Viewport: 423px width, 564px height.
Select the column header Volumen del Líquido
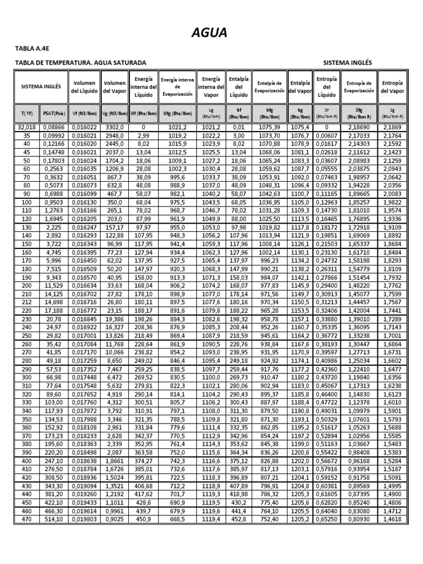point(84,86)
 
